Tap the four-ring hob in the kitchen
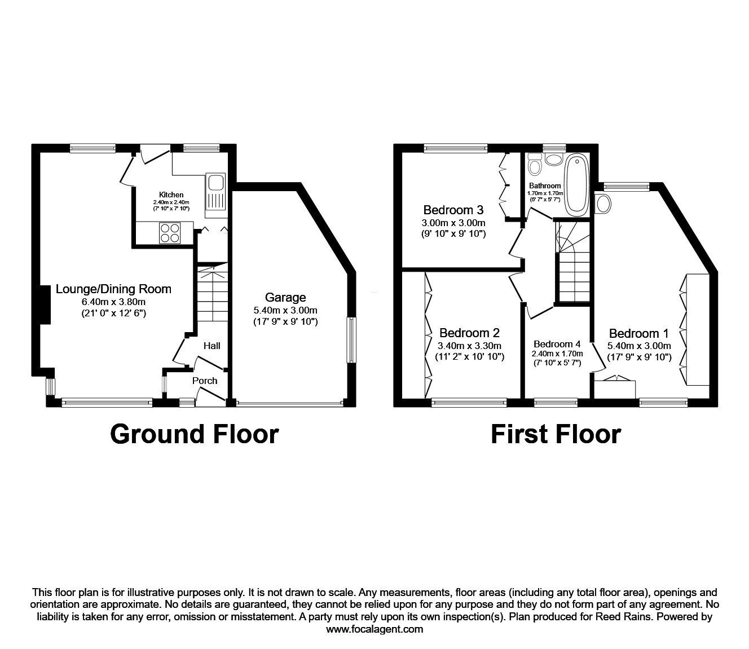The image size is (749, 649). point(171,232)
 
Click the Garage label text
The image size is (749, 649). point(287,297)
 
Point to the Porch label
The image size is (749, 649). point(205,381)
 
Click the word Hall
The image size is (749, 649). point(212,346)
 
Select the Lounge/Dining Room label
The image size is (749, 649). point(113,289)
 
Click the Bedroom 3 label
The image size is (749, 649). point(453,210)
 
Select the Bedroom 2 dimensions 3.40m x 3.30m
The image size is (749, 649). point(470,346)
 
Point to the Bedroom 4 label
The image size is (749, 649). point(557,344)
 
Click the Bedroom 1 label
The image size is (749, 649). point(634,333)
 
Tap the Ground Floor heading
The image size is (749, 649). point(194,434)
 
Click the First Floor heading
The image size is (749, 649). point(556,434)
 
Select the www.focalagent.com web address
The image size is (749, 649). point(374,629)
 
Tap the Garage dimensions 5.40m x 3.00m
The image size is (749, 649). point(286,310)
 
